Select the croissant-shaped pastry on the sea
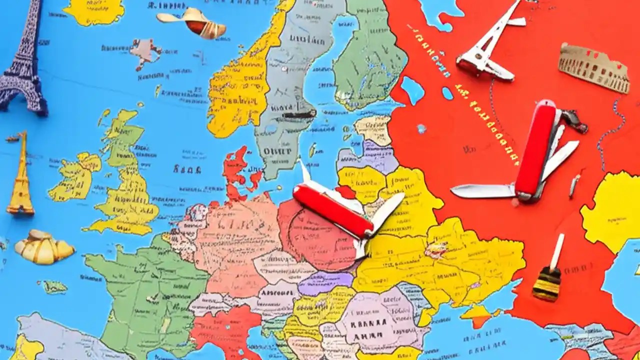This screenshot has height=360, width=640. pos(44,247)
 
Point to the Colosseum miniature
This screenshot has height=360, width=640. pos(593,67)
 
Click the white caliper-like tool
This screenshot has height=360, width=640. pos(487,45)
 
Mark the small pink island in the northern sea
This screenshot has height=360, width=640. pos(145,52)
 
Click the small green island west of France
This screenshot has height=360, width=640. pos(54,286)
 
